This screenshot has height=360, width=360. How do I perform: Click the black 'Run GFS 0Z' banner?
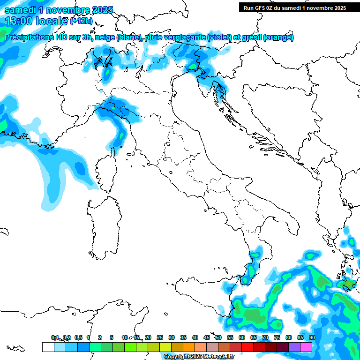tap(294, 7)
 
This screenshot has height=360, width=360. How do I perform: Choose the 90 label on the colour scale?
tap(312, 337)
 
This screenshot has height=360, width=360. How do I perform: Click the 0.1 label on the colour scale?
tap(55, 337)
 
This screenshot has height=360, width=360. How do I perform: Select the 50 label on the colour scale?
tap(218, 337)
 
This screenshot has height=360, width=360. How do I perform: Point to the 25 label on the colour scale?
tap(160, 337)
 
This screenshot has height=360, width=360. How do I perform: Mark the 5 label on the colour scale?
tap(112, 337)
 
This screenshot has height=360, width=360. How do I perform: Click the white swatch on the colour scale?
tap(48, 347)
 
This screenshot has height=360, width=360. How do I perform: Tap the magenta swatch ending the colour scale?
tap(306, 347)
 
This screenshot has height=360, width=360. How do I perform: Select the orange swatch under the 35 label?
tap(188, 347)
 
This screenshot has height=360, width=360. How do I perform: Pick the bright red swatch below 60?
tap(247, 347)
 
